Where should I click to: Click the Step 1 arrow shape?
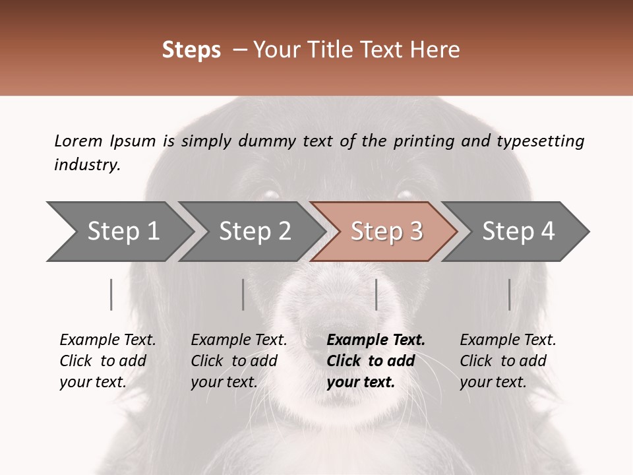tap(119, 232)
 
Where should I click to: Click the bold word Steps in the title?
tap(191, 50)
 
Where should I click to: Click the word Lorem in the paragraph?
tap(78, 141)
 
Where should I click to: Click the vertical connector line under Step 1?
tap(111, 294)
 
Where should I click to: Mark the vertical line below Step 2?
tap(243, 294)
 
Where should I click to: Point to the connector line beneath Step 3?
tap(377, 294)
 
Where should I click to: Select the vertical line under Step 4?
tap(510, 294)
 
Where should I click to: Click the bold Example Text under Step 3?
tap(376, 340)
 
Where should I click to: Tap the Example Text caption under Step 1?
tap(107, 340)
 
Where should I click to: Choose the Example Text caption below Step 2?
tap(239, 340)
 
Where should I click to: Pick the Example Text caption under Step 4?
tap(508, 340)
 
